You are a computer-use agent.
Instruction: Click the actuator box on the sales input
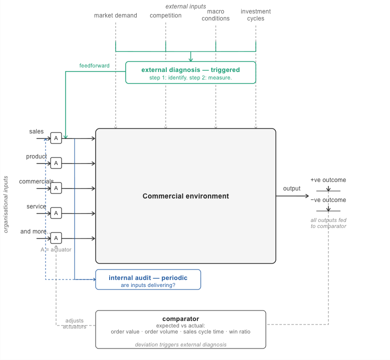click(x=56, y=138)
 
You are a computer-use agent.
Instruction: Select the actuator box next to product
click(x=56, y=163)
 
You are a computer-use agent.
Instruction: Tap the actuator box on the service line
click(x=56, y=213)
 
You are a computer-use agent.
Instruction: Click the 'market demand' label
click(x=116, y=15)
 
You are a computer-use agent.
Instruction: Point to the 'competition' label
click(x=166, y=15)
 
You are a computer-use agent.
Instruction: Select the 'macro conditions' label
click(x=216, y=15)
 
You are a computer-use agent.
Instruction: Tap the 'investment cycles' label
click(x=256, y=15)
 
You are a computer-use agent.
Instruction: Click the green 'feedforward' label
click(x=94, y=65)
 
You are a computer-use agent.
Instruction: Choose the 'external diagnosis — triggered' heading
click(x=191, y=70)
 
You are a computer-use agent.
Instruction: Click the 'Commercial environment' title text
click(x=186, y=196)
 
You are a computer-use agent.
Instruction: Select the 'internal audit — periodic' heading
click(x=148, y=278)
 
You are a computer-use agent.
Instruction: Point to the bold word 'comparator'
click(x=181, y=319)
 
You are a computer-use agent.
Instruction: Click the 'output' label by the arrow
click(x=292, y=188)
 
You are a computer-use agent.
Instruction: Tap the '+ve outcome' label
click(x=328, y=180)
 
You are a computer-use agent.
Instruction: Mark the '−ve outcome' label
click(x=328, y=200)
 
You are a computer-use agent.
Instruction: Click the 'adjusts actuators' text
click(x=75, y=323)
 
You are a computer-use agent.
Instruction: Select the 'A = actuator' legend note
click(x=56, y=249)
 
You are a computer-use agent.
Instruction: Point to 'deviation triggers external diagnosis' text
click(x=181, y=344)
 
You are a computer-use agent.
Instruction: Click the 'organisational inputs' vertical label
click(x=6, y=204)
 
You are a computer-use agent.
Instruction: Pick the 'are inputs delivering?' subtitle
click(x=148, y=285)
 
